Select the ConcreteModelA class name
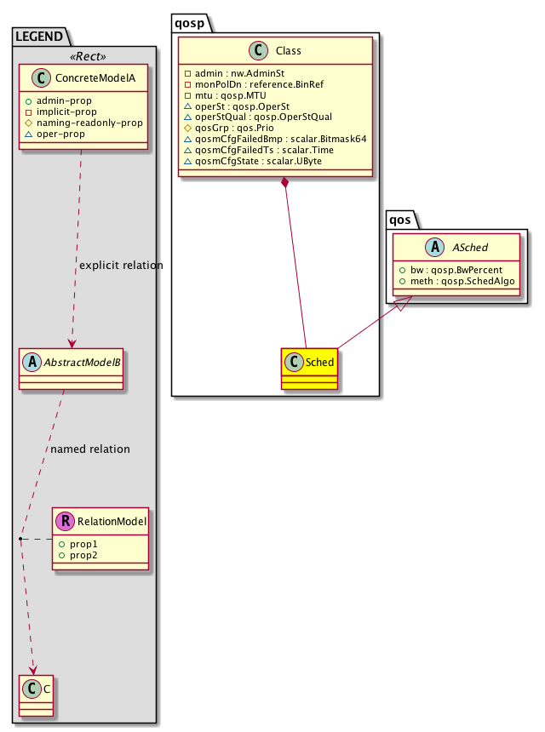coord(91,79)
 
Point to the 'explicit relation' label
coord(120,266)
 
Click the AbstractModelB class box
coord(72,368)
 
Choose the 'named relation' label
coord(90,449)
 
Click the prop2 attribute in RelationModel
coord(83,555)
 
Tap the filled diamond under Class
coord(284,185)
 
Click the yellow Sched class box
coord(309,369)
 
